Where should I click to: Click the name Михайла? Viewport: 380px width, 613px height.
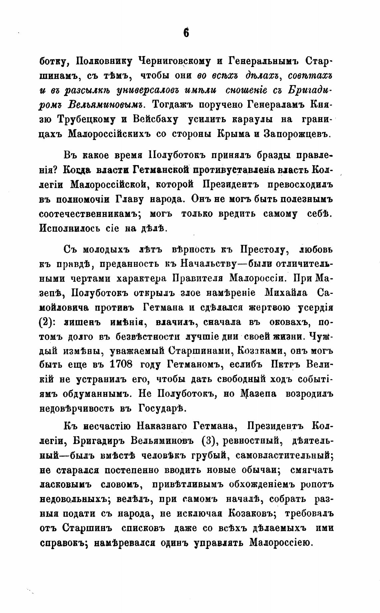[286, 293]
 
